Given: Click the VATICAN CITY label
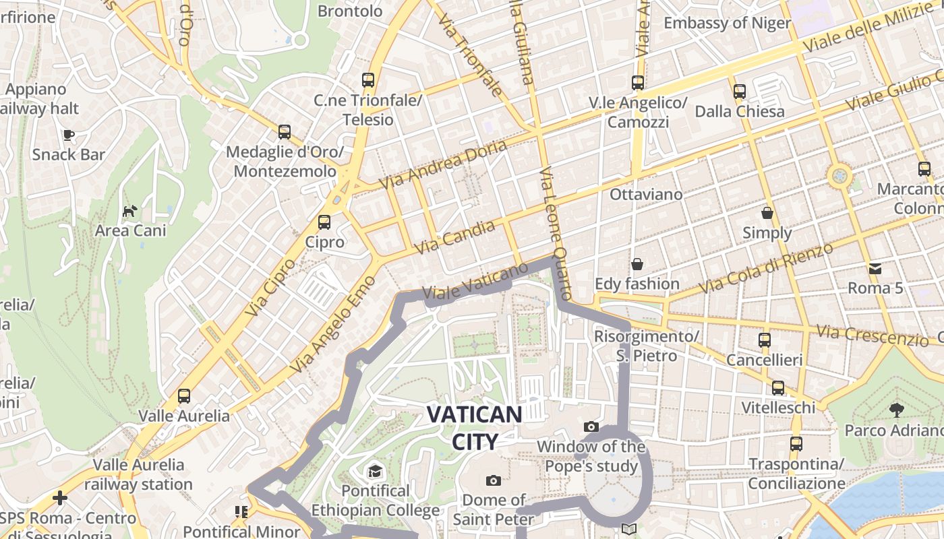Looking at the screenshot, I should pos(475,428).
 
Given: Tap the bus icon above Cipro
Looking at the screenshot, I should pos(324,222).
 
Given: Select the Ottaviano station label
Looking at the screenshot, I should pos(646,194).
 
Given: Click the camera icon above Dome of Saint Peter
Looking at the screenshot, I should pos(494,480).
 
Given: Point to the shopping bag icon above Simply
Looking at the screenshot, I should pos(767,214).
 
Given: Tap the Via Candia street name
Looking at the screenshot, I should pos(454,238).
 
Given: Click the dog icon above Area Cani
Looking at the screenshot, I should pos(129,212).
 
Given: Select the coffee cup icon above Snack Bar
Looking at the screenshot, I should pos(69,135).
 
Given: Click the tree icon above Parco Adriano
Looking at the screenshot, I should pos(896,410).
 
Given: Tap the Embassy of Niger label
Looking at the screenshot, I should pos(727,23).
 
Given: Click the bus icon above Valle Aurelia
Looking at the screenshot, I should pos(184,396).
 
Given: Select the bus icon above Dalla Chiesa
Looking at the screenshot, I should pos(740,91).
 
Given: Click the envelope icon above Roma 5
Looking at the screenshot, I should pos(875,269).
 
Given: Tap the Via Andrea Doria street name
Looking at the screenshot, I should pos(442,164).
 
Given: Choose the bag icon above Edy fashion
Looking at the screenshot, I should pos(637,264).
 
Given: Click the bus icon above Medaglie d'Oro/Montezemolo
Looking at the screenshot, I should pos(285,132).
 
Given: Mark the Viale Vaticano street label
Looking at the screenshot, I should pos(475,282).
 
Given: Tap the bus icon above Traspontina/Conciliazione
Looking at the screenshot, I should pos(796,444).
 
